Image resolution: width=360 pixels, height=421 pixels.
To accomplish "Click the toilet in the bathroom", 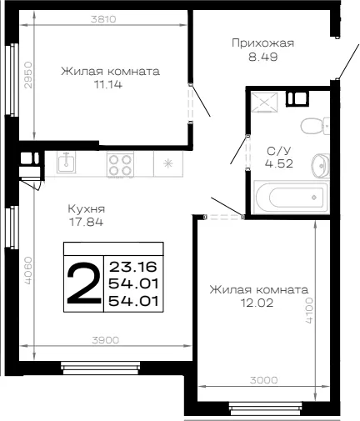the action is click(315, 126).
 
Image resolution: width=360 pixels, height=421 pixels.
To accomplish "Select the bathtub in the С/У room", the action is click(292, 198).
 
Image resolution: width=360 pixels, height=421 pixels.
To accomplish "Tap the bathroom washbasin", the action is click(320, 166).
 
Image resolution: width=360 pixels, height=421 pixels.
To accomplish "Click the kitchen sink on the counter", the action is click(66, 163).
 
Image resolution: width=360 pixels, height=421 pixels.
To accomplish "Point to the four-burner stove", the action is click(120, 164).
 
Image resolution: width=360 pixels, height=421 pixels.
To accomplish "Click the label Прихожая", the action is click(262, 43).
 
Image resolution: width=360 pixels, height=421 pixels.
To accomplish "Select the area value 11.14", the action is click(108, 84).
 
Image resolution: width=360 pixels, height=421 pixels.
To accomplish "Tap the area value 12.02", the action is click(257, 303).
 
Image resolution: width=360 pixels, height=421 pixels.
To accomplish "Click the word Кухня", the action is click(87, 209).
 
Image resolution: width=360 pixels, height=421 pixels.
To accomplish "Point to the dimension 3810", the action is click(103, 19).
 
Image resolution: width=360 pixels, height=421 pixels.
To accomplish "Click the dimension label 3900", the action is click(106, 340).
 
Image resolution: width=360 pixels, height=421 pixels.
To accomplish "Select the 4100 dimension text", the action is click(309, 311).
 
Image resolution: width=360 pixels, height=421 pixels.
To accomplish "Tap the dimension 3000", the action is click(263, 380).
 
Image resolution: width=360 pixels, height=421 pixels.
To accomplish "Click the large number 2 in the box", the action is click(83, 283).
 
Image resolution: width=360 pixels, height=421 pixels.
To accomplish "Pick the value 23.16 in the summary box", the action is click(133, 267).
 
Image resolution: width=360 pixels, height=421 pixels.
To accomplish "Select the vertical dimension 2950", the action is click(28, 75).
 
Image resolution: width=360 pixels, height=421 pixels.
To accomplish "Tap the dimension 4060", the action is click(28, 270).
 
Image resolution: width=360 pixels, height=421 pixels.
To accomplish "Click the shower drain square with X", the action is click(264, 103).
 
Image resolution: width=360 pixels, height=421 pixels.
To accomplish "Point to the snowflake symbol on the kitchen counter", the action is click(168, 163).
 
